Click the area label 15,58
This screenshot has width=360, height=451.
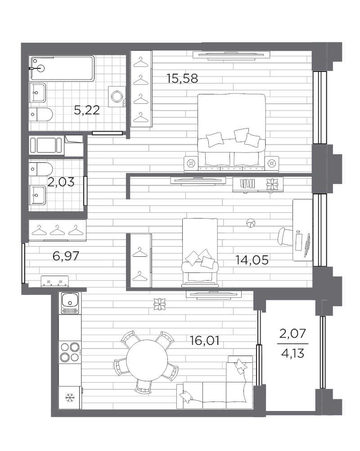coord(182,78)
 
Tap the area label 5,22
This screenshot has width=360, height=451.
coord(87,110)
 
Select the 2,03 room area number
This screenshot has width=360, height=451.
coord(61,182)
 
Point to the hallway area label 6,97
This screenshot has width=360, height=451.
coord(66,256)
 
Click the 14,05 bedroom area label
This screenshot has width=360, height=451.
coord(252,260)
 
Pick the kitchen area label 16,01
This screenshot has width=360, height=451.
coord(205,340)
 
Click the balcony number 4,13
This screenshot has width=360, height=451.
coord(292,353)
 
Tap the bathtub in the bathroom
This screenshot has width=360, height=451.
coord(62,68)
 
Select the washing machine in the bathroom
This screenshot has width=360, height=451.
coord(117,96)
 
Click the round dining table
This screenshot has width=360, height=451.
coord(147,361)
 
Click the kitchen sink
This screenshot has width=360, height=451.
coord(70,303)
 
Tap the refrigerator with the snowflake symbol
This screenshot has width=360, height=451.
coord(70,397)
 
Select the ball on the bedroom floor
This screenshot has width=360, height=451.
coord(251,223)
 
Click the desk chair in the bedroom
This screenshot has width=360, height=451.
coord(285,237)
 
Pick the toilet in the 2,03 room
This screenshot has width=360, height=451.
coord(41,169)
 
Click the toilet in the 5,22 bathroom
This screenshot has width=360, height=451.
coord(41,114)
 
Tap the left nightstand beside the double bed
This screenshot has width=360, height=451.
coord(190,164)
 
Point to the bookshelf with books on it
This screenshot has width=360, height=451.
coord(258,184)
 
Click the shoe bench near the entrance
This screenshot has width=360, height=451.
coord(55,281)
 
